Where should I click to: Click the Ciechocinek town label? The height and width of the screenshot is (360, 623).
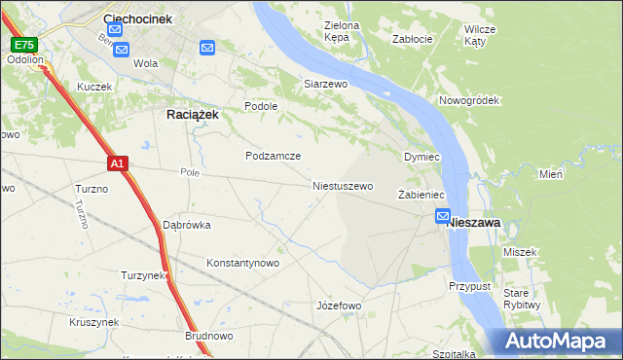(x=137, y=18)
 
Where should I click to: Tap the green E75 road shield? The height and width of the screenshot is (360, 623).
(x=23, y=45)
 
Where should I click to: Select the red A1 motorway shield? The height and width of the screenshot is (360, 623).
(x=116, y=164)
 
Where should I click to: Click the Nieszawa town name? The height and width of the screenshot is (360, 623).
(x=474, y=223)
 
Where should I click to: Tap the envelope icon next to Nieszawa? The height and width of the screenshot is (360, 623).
(x=443, y=217)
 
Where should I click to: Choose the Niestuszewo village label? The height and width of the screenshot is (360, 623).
(x=342, y=185)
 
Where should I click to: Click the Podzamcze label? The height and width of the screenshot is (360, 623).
(x=273, y=156)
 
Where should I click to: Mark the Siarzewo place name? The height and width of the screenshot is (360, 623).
(x=325, y=84)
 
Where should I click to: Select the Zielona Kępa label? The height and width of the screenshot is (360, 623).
(x=343, y=32)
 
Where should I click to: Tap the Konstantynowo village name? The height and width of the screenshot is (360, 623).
(x=242, y=263)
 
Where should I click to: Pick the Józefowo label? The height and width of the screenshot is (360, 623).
(x=339, y=306)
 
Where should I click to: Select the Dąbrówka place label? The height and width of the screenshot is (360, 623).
(x=186, y=225)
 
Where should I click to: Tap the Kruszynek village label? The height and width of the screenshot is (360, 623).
(x=94, y=322)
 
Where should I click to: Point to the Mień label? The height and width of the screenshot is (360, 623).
(x=552, y=174)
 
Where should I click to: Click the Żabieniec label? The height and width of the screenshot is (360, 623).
(x=421, y=195)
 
